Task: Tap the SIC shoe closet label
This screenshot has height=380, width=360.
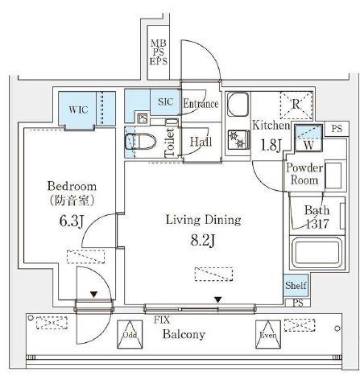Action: tap(164, 101)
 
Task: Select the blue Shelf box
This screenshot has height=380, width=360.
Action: tap(295, 285)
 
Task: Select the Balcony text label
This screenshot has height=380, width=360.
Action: tap(185, 334)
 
